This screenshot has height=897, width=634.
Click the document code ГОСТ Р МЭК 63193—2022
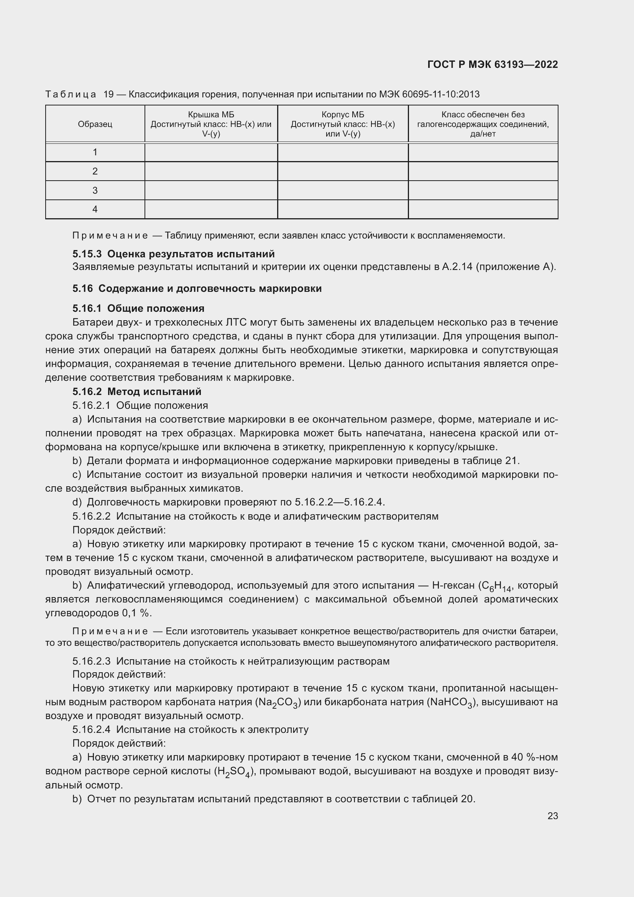coord(492,64)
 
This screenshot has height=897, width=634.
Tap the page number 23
coord(552,816)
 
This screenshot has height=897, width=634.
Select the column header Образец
coord(95,124)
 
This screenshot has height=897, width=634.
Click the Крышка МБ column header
coord(211,124)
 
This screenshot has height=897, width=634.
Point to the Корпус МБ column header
coord(343,124)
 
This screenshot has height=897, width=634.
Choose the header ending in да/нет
coord(483,124)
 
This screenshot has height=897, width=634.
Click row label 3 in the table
coord(95,190)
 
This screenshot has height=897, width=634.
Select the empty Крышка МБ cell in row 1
coord(211,152)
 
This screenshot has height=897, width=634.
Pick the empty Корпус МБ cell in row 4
coord(343,209)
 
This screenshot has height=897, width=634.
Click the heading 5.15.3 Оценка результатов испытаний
coord(173,254)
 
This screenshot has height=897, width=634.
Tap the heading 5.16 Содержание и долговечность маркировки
coord(197,289)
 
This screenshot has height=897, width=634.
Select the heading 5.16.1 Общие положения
coord(138,309)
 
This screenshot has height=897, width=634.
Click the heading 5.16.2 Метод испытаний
coord(136,392)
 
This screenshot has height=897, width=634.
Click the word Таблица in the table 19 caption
coord(71,95)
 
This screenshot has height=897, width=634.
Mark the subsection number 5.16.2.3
coord(91,662)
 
